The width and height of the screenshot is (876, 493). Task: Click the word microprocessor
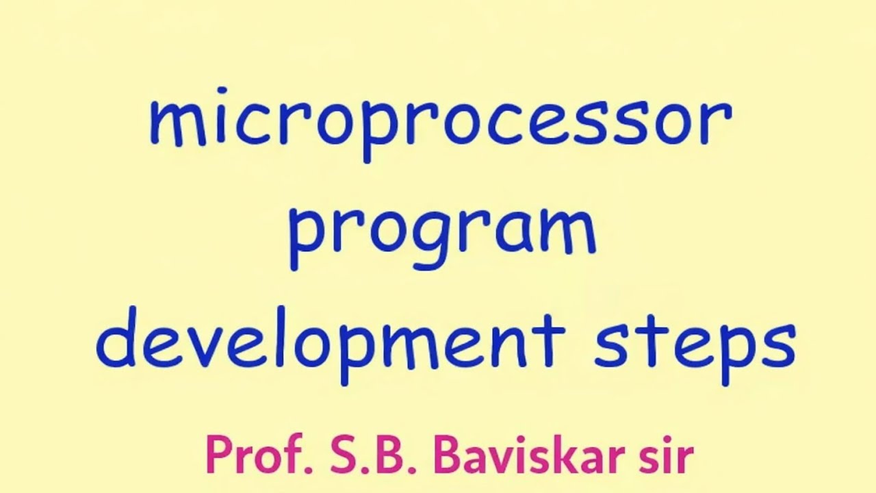[441, 123]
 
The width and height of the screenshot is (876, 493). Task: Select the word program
[441, 233]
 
